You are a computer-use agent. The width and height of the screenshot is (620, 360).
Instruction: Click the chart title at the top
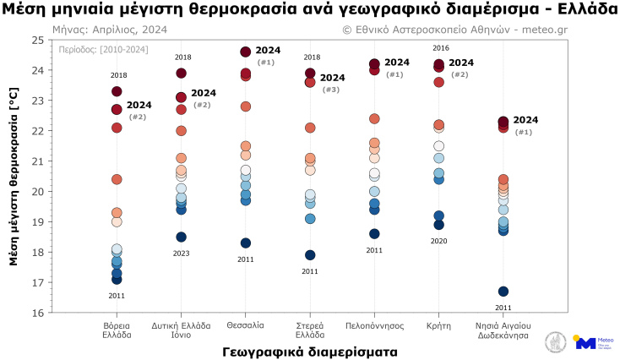tap(310, 8)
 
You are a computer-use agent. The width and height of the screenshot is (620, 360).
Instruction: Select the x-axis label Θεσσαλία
tap(246, 325)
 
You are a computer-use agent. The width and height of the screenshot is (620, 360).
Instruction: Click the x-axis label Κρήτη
tap(438, 325)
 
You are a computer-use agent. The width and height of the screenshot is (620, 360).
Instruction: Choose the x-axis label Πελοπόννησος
tap(374, 325)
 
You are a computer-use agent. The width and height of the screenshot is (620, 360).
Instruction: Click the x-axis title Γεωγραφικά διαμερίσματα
tap(310, 349)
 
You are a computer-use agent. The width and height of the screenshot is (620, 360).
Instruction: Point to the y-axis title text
tap(14, 176)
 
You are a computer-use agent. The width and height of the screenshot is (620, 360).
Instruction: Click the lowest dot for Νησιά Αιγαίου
tap(503, 292)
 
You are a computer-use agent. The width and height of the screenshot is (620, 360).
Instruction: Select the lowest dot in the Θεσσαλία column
tap(246, 243)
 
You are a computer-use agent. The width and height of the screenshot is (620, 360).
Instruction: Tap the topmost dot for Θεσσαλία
tap(246, 52)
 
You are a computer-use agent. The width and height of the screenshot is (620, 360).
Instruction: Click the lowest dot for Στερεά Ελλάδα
tap(310, 255)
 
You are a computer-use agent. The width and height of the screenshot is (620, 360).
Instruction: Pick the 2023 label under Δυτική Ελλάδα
tap(181, 254)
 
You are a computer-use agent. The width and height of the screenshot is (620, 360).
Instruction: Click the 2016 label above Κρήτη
tap(440, 48)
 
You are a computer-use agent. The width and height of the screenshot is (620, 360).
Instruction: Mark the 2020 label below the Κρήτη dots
tap(438, 241)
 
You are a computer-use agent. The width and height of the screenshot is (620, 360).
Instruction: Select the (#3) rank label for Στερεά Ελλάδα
tap(331, 90)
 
